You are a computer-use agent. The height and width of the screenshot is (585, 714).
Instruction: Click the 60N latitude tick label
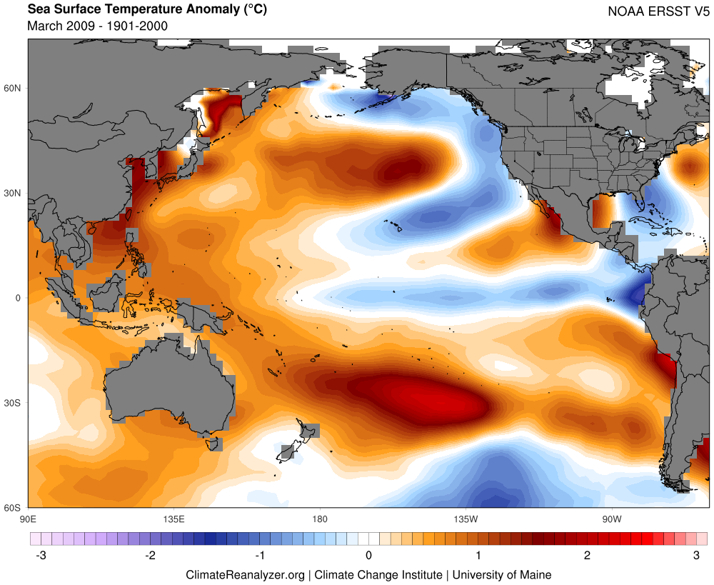click(x=14, y=89)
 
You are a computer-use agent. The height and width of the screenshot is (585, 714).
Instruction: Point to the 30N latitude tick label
click(x=14, y=194)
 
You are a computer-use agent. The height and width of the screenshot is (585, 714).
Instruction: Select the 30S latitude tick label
click(x=14, y=403)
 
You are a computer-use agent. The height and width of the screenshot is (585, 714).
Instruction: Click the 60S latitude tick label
click(x=14, y=508)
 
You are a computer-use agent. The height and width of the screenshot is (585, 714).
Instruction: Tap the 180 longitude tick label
click(x=319, y=518)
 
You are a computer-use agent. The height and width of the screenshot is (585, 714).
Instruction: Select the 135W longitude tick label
click(x=465, y=518)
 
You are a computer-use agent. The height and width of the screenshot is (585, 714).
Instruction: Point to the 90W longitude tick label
click(x=610, y=518)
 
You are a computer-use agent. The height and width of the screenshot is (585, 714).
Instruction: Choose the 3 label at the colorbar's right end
click(x=697, y=556)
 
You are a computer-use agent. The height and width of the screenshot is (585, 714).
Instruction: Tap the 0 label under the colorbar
click(x=368, y=556)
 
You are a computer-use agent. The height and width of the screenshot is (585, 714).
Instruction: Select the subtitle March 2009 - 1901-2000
click(x=97, y=26)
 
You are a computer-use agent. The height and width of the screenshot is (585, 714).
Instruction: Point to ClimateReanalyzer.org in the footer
click(x=245, y=574)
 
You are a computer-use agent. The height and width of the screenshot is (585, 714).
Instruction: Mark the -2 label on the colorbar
click(x=150, y=556)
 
